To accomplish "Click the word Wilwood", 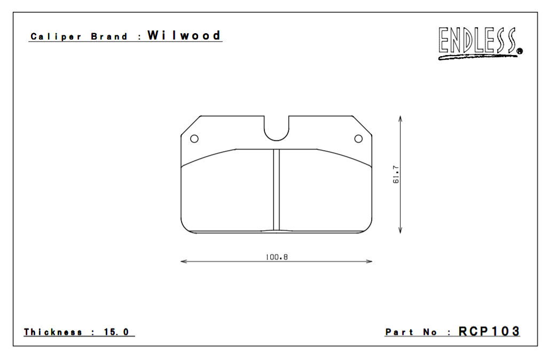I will [184, 36].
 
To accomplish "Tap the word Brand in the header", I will [109, 37].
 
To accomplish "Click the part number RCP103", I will [489, 331].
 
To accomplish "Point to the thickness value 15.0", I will [116, 332].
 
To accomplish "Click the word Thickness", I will [53, 332].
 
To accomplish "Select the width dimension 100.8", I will [277, 256].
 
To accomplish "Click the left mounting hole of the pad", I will [194, 139].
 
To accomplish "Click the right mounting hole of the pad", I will [358, 139].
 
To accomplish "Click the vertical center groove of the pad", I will [277, 190].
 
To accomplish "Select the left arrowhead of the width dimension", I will [183, 262].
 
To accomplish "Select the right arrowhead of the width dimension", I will [370, 262].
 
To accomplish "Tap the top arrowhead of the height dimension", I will [400, 118].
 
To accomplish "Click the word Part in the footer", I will [399, 332].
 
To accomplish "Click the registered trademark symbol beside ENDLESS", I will [520, 52].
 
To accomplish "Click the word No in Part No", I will [430, 332].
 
